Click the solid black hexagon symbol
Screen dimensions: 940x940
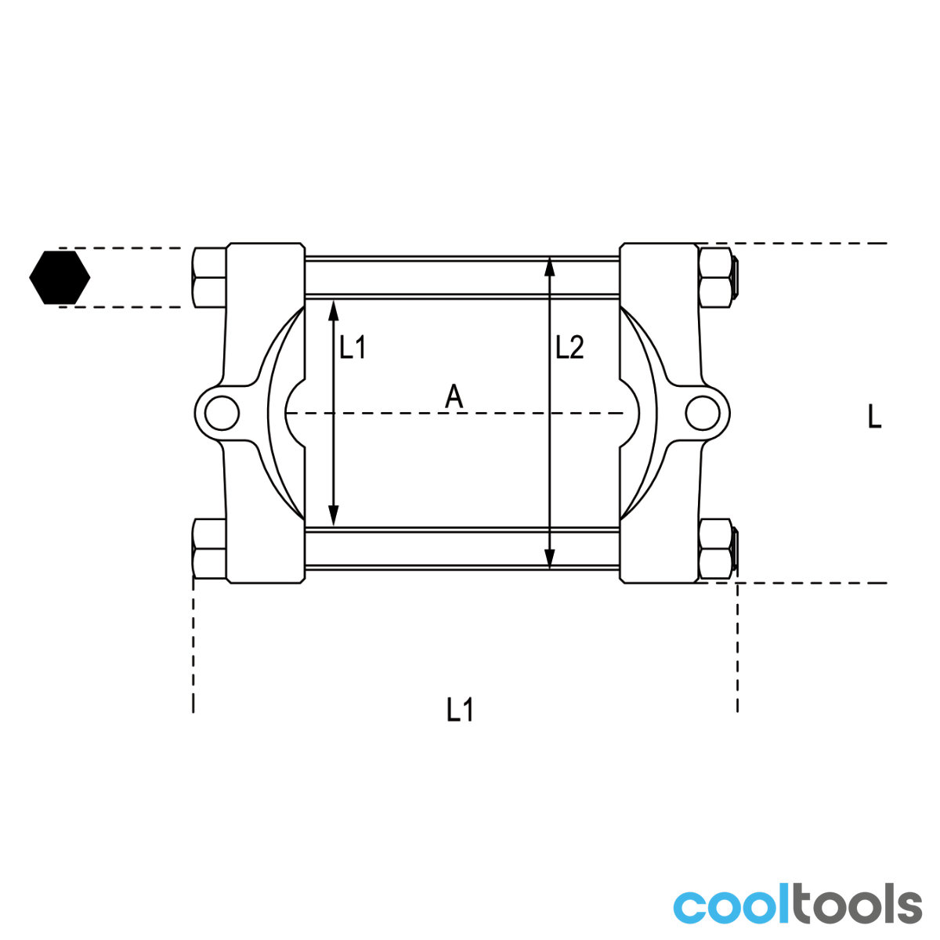point(60,277)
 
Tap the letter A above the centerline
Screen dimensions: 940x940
point(454,396)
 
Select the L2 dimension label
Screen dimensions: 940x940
point(569,348)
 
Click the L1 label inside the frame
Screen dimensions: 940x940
point(352,348)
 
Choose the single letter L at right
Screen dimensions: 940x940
point(875,417)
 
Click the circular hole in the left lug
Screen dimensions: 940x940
point(222,413)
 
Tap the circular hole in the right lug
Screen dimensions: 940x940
point(703,413)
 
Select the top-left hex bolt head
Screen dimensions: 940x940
point(210,277)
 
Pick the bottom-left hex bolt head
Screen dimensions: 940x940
point(210,548)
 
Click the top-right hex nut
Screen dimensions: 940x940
point(715,277)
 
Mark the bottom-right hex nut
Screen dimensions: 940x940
point(715,548)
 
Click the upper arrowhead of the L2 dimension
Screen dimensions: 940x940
point(550,267)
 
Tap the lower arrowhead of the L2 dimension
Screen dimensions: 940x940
point(550,559)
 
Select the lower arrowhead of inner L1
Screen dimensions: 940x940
point(334,515)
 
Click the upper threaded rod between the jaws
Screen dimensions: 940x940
point(462,277)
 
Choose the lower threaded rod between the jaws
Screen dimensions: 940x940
point(462,548)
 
